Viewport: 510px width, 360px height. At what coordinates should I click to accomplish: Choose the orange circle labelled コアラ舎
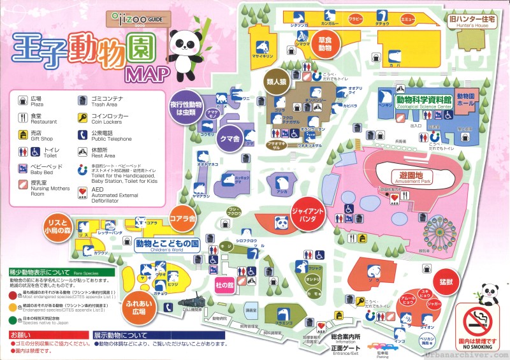click(182, 219)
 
